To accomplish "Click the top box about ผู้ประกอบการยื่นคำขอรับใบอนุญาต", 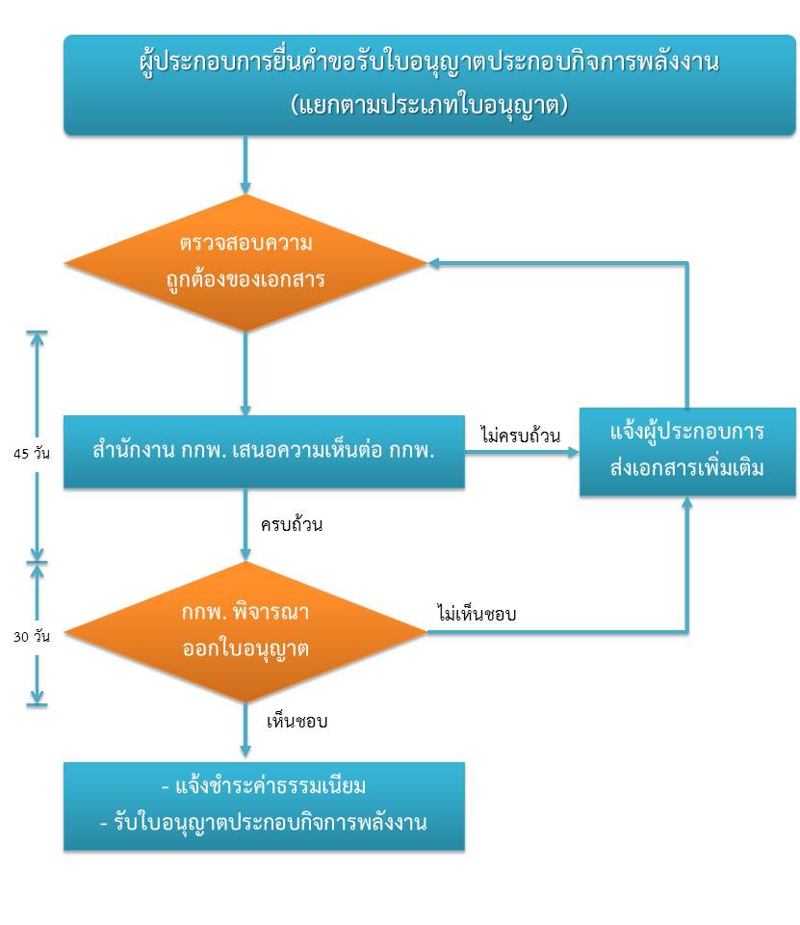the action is click(x=429, y=85).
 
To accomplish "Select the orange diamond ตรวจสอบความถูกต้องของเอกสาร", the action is click(x=245, y=262).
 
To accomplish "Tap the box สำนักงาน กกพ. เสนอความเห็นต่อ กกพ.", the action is click(x=264, y=451).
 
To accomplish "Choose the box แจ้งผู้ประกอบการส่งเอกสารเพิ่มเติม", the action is click(x=687, y=451).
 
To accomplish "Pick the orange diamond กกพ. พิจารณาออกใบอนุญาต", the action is click(x=245, y=632).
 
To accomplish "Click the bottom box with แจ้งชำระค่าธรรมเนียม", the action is click(x=264, y=806).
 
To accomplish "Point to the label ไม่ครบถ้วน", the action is click(x=520, y=435).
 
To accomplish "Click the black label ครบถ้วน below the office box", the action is click(x=292, y=524).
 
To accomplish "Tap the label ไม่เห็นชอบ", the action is click(x=477, y=613).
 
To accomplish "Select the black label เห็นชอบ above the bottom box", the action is click(x=297, y=721).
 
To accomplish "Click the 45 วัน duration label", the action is click(x=31, y=453).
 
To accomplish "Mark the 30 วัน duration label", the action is click(x=31, y=637).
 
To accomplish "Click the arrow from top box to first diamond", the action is click(x=245, y=165).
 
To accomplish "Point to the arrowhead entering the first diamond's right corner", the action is click(x=433, y=262).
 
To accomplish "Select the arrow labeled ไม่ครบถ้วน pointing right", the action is click(x=522, y=453).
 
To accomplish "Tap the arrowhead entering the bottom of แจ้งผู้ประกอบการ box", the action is click(x=686, y=501).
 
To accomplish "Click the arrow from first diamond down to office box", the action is click(x=245, y=374).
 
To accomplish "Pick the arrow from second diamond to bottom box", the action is click(x=245, y=729).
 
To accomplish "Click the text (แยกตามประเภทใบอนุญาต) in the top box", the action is click(x=429, y=106).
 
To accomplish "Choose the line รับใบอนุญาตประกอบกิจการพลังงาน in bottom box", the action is click(x=264, y=822).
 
